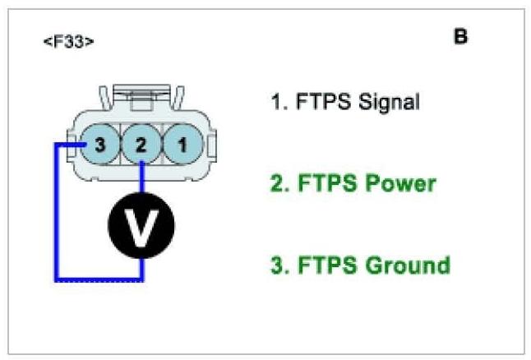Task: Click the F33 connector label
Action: click(x=68, y=41)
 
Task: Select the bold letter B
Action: click(x=460, y=37)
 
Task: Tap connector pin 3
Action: click(x=100, y=146)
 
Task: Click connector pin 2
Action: click(x=141, y=146)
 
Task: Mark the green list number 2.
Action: click(x=277, y=183)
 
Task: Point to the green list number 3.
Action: click(x=277, y=265)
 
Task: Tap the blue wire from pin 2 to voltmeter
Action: click(x=142, y=181)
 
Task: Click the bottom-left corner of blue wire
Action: click(x=56, y=280)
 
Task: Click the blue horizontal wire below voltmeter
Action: click(x=99, y=280)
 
